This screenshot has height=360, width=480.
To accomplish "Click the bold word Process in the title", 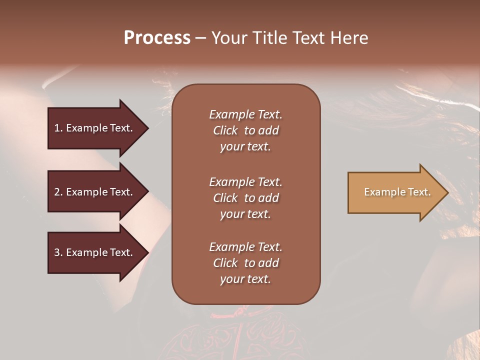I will point(157,38).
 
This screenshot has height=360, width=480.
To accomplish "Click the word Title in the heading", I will point(269,38).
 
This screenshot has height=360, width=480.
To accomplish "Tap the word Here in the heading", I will point(350,38).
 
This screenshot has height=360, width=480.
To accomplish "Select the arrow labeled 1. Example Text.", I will point(95,128).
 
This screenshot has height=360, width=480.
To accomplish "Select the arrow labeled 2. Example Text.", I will point(95,192).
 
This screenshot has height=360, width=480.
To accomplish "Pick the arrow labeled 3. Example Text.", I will point(95,252).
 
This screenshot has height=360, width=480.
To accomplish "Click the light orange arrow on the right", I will point(395,192).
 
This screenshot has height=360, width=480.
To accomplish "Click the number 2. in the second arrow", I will point(58,192).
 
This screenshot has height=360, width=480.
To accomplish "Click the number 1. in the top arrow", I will point(58,128).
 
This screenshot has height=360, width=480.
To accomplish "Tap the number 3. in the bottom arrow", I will point(58,252).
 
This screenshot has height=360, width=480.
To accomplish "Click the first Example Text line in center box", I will point(245,114).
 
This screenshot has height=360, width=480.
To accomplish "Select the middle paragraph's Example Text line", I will point(245,182).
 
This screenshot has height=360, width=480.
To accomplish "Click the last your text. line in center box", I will point(245,279).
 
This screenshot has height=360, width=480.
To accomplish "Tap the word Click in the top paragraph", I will point(225,130).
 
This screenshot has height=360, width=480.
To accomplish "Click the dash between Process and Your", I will point(200,38).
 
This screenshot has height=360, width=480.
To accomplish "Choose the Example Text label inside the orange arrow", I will point(397,192).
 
